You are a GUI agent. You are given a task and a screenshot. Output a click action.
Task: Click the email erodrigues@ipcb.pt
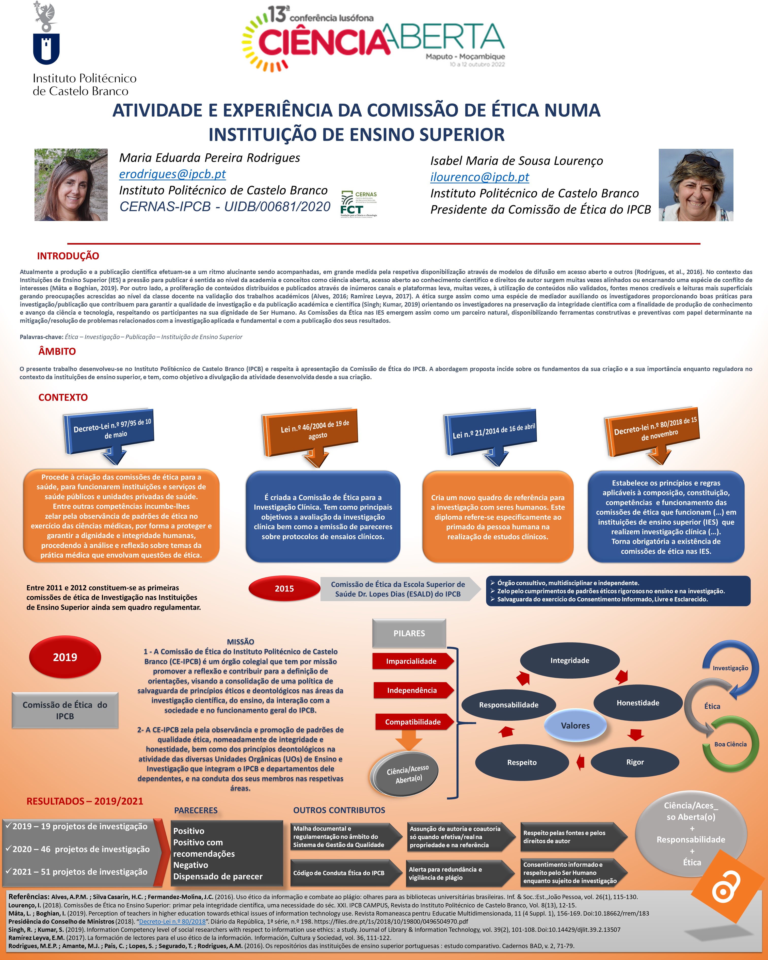click(172, 174)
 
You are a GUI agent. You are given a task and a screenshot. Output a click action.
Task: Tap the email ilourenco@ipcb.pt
click(479, 177)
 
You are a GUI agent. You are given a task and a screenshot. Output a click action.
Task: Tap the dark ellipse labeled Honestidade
click(637, 703)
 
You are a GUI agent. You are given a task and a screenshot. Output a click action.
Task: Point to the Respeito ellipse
click(522, 762)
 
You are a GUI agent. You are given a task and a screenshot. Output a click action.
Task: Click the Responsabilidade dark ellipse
click(508, 705)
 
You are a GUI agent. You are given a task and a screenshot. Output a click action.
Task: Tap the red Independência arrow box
click(412, 691)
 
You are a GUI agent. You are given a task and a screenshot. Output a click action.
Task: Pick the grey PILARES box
click(409, 633)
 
